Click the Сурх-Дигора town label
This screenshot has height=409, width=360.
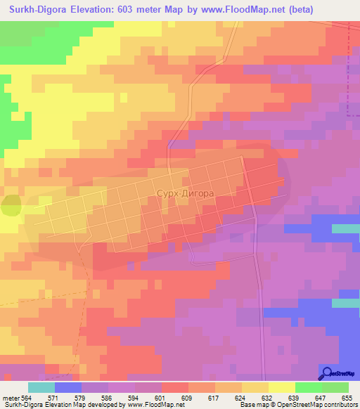[185, 190]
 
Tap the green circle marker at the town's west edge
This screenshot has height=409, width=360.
[11, 205]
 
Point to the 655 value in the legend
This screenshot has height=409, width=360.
[347, 397]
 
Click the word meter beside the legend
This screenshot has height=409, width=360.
[11, 397]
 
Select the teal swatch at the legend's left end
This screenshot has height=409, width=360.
[41, 387]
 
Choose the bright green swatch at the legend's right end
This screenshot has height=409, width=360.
[335, 387]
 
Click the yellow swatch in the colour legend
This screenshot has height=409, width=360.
[281, 387]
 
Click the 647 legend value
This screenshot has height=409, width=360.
[320, 397]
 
